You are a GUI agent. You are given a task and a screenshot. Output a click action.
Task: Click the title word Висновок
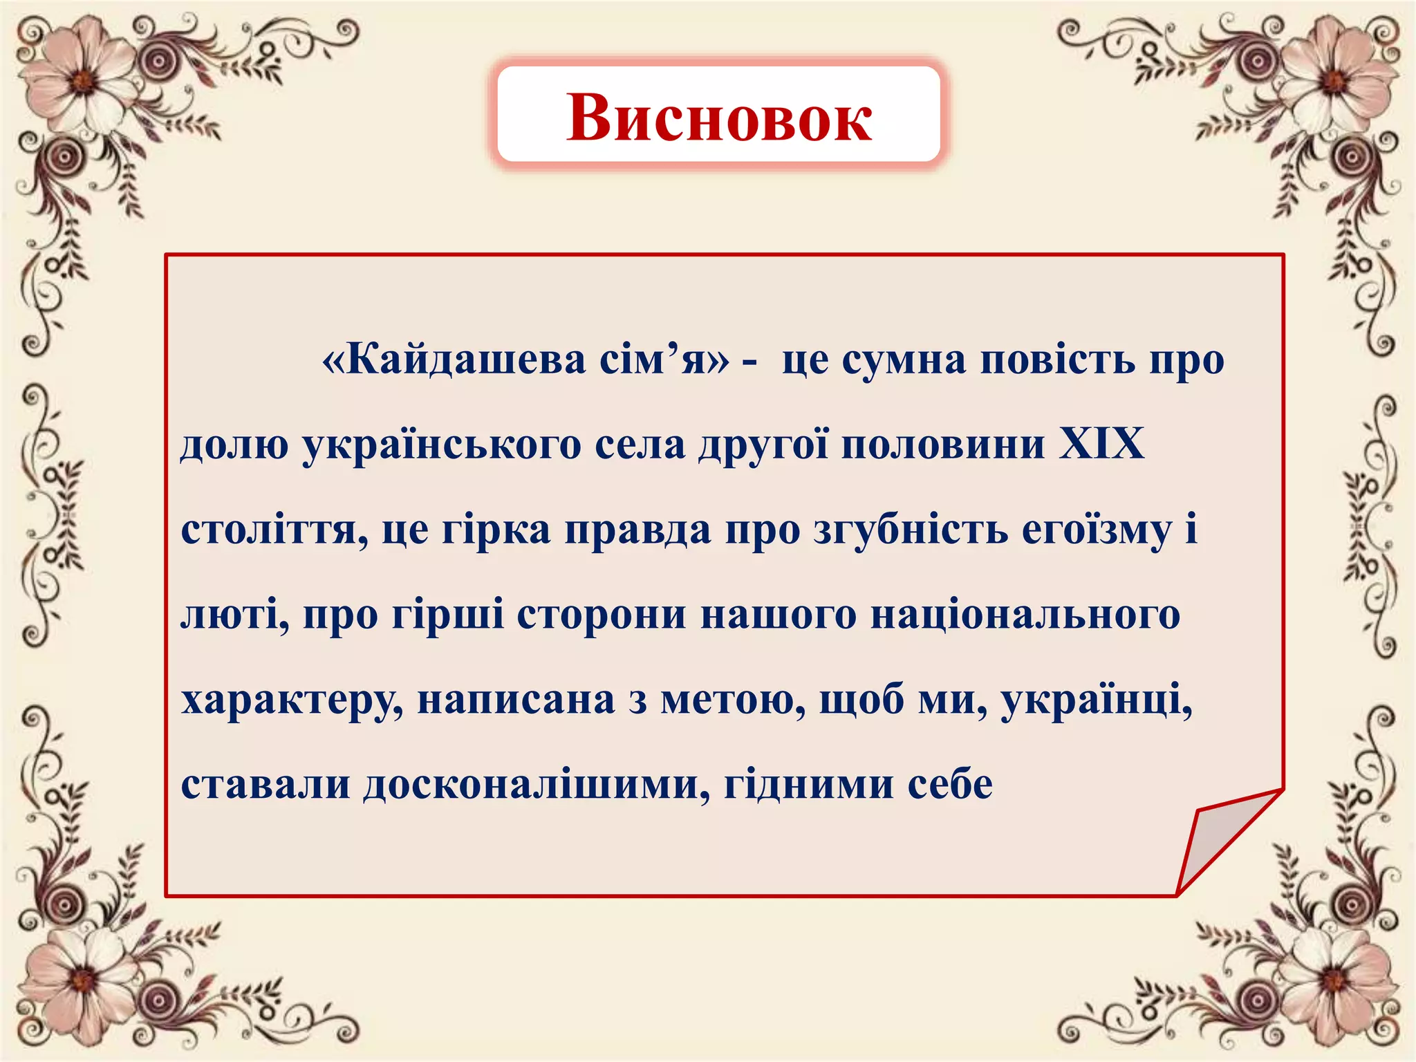pos(719,118)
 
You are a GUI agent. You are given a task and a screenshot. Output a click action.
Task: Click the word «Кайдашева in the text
pos(454,360)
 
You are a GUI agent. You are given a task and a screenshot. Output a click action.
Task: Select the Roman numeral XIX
pos(1102,444)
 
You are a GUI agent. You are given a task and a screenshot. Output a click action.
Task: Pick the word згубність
pos(911,531)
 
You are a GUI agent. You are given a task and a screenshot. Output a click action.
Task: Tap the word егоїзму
pos(1097,531)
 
